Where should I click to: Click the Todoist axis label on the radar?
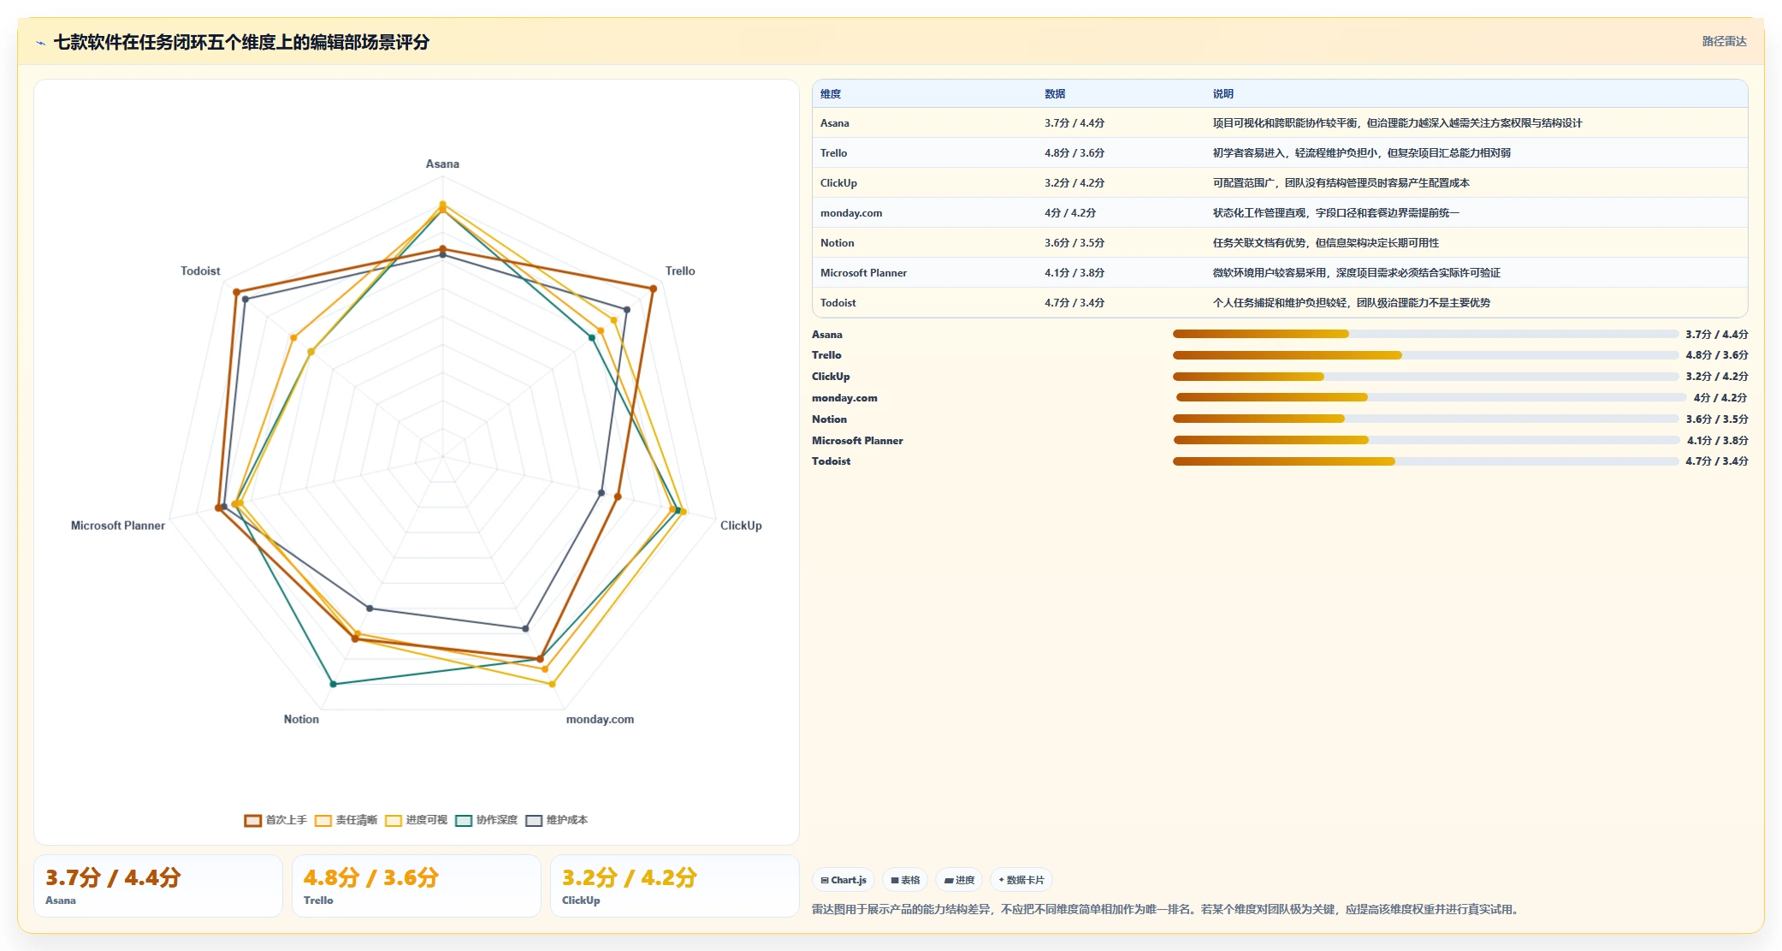click(x=200, y=271)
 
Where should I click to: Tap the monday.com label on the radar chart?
click(x=600, y=720)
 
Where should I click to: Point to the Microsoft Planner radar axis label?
click(x=118, y=526)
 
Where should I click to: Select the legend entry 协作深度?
click(x=487, y=820)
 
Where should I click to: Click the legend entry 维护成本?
click(x=557, y=820)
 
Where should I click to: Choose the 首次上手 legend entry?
click(x=275, y=820)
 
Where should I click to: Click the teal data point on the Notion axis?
click(x=334, y=684)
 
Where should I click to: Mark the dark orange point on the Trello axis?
click(x=654, y=289)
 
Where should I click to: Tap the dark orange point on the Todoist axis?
click(x=236, y=293)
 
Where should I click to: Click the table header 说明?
click(x=1223, y=94)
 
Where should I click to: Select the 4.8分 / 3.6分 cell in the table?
click(x=1074, y=153)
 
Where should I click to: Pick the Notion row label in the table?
click(x=837, y=243)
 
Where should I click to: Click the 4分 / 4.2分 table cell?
click(x=1069, y=213)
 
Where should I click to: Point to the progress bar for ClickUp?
click(x=1425, y=377)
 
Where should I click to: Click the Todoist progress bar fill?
click(x=1283, y=461)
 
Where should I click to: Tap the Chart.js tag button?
click(x=843, y=880)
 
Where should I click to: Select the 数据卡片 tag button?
click(x=1021, y=880)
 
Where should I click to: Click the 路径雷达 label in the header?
click(x=1724, y=41)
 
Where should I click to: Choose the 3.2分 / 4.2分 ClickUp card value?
click(x=629, y=877)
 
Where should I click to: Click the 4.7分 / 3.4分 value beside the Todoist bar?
click(x=1717, y=461)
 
